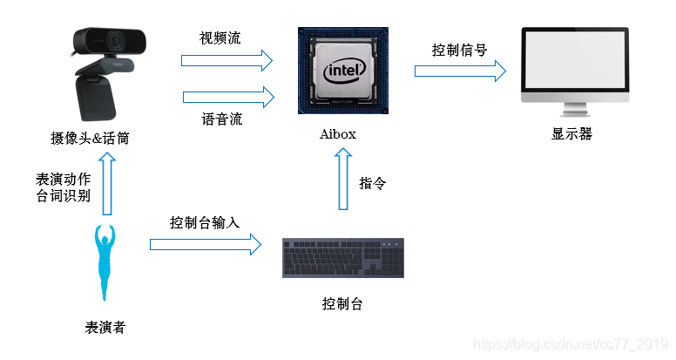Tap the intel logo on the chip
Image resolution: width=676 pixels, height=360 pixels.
[x=344, y=71]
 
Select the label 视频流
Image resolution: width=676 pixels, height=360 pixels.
[x=220, y=38]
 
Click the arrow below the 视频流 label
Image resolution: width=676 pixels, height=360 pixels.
[x=226, y=60]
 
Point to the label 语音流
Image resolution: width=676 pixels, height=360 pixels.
[x=221, y=119]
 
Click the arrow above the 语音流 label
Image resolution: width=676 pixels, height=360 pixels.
[x=228, y=97]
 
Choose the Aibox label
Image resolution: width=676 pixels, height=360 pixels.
[x=338, y=134]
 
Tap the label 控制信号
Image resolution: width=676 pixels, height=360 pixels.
[x=460, y=51]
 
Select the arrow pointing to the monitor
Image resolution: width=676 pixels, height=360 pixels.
[x=461, y=71]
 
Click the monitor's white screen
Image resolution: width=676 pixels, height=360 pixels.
[x=575, y=61]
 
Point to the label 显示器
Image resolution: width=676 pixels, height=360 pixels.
[x=572, y=134]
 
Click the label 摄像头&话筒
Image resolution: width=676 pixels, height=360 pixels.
[x=90, y=139]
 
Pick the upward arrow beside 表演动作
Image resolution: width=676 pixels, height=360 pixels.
[x=107, y=184]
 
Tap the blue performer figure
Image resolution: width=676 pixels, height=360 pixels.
[x=105, y=262]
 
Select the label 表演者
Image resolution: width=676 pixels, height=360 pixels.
[x=105, y=328]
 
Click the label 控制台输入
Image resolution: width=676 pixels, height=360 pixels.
[x=205, y=223]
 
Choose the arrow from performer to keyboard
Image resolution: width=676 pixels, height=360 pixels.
[x=206, y=244]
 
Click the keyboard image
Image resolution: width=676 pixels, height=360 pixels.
[x=343, y=258]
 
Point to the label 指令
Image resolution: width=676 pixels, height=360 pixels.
[x=373, y=183]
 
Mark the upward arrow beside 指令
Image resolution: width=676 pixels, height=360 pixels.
[x=343, y=179]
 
